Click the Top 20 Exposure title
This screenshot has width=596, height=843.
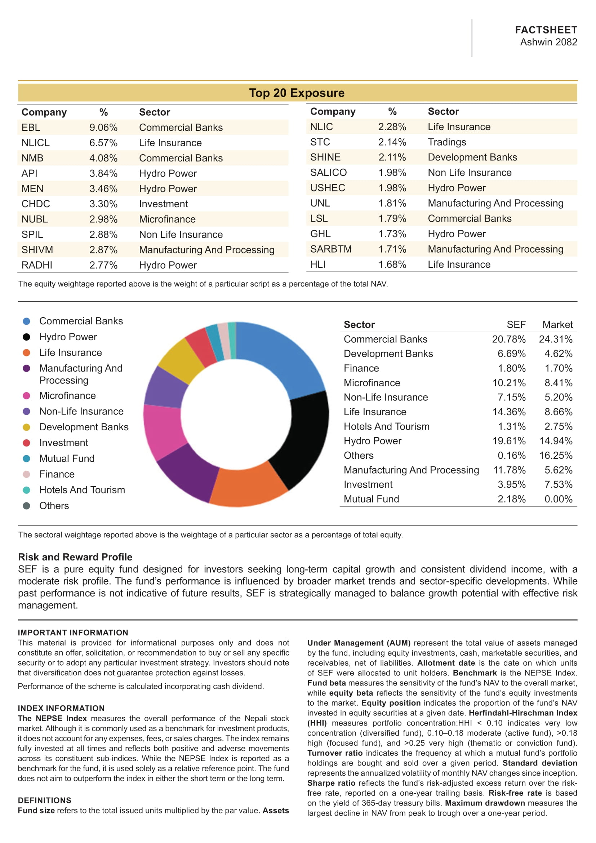297,93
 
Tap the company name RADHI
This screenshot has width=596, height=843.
37,265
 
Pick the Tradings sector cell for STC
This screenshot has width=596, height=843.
446,142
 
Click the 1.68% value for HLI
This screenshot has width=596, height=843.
392,264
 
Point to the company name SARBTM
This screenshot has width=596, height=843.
331,249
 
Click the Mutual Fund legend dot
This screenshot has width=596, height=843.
26,458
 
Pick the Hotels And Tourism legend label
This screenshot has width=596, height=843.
82,490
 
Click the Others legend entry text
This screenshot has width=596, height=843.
54,506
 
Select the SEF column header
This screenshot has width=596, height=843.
516,325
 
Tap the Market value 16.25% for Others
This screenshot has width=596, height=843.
556,455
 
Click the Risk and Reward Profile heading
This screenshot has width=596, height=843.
75,557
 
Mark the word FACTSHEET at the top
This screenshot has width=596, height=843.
546,30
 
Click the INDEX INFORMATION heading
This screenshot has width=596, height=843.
61,708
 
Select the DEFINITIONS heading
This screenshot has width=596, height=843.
44,800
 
